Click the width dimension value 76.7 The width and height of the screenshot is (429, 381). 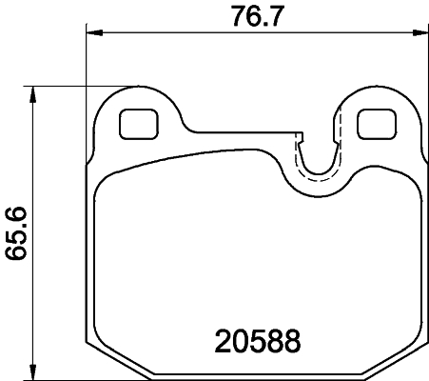coord(254,16)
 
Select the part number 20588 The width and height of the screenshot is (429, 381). coord(254,340)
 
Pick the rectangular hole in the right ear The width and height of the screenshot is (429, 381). coord(374,124)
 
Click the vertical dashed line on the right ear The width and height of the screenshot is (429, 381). coord(339,124)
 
